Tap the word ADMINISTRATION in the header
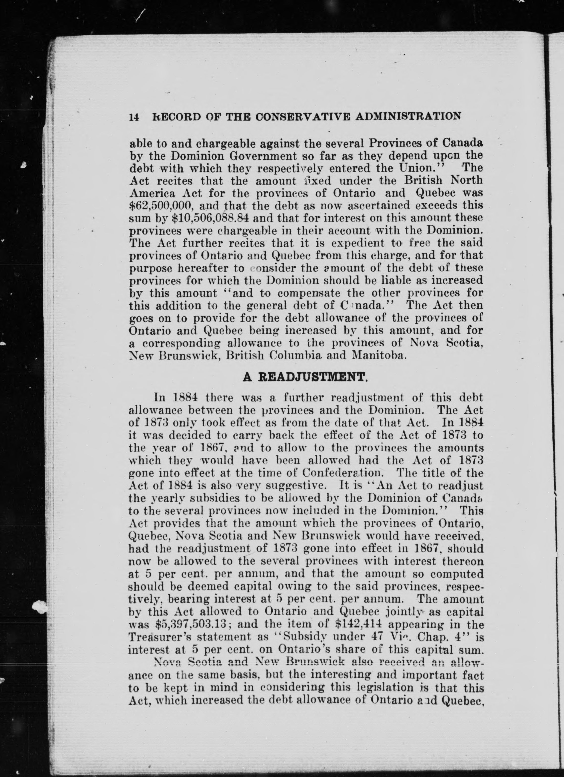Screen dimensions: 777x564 pyautogui.click(x=408, y=116)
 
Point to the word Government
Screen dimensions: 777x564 pyautogui.click(x=262, y=156)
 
